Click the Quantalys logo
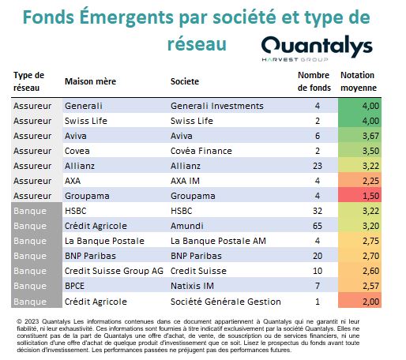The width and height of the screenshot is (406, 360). click(317, 49)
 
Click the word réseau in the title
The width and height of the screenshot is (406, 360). click(197, 44)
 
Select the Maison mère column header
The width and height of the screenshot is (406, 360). click(90, 81)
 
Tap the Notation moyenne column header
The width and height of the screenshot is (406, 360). click(359, 81)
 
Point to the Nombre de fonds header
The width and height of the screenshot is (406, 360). click(314, 81)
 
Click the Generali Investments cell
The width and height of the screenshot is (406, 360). click(217, 106)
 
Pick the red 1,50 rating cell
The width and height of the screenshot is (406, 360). click(359, 196)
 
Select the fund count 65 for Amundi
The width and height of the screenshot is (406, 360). click(318, 226)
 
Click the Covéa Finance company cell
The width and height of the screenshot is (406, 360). click(201, 151)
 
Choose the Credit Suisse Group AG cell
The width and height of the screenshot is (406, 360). click(114, 271)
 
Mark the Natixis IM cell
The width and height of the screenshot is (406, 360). click(192, 286)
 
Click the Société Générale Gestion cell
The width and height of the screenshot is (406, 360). click(226, 302)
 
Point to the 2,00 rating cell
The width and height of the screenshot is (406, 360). click(359, 301)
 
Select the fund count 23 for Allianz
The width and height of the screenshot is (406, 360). click(318, 166)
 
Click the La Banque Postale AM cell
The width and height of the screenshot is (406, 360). click(218, 241)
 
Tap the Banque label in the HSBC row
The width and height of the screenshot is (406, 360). click(30, 211)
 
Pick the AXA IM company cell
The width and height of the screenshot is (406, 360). click(185, 181)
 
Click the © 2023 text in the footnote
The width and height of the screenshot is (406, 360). click(28, 321)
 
